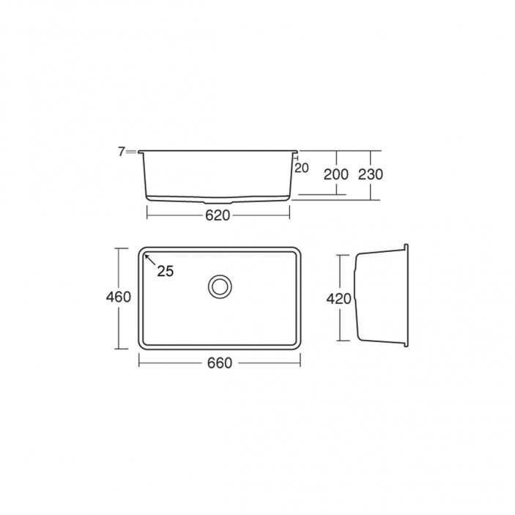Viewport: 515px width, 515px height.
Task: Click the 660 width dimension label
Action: (220, 363)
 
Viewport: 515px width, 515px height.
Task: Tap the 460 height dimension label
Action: (118, 297)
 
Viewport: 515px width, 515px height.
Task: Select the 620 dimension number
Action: (218, 215)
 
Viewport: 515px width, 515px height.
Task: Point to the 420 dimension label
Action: (338, 299)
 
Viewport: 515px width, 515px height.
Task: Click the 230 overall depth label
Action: (371, 174)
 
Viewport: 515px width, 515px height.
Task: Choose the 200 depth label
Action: (336, 174)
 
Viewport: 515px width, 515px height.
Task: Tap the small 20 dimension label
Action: (302, 168)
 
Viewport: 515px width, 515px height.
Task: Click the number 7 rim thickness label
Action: (122, 152)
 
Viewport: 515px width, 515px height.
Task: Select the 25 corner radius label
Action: (166, 271)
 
